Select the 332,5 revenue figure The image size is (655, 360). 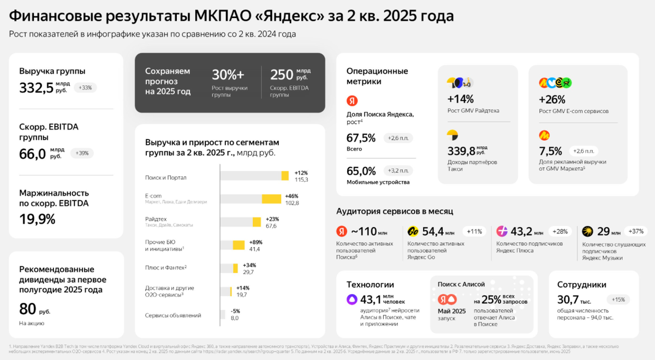[36, 87]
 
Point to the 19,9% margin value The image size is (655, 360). [37, 219]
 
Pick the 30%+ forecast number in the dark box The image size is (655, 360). [228, 75]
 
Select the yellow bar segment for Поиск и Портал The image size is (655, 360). [285, 175]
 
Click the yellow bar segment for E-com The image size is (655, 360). [271, 199]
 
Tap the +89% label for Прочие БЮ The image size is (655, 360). [257, 242]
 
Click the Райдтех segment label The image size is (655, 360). [156, 219]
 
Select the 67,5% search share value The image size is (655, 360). [361, 137]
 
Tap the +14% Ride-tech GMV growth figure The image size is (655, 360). [460, 99]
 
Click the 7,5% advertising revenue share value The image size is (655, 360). [550, 151]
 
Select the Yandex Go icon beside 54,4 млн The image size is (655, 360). [413, 231]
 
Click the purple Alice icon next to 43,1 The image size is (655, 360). [352, 299]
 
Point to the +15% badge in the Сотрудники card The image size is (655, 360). [618, 299]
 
